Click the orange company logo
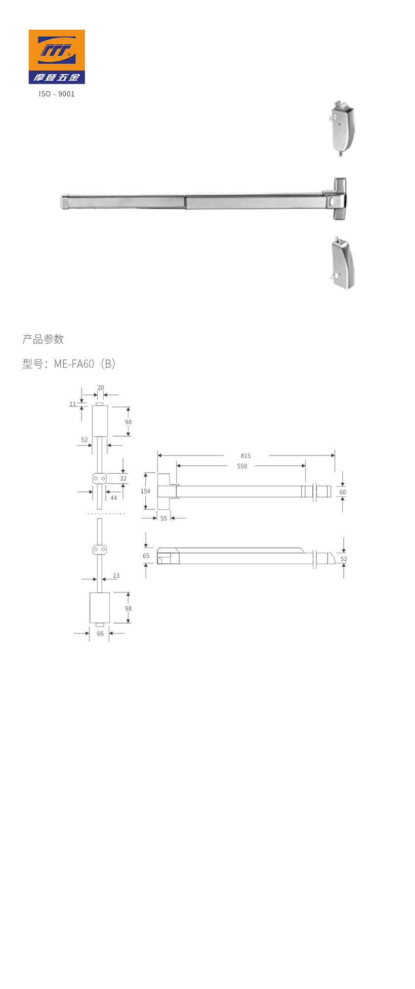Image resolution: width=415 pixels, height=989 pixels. coord(56,56)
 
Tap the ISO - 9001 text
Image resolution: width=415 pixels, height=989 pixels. coord(57,94)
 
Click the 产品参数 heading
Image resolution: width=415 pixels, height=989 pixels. coord(43,339)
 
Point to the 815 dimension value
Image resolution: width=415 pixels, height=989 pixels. coord(246,456)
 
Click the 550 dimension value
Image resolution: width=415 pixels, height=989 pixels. coord(242,466)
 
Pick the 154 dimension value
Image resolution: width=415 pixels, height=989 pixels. coord(145,492)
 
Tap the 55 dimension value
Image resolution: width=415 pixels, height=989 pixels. coord(164,519)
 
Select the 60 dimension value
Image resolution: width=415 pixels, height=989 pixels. coord(342,493)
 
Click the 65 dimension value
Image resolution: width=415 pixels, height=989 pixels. coord(146,556)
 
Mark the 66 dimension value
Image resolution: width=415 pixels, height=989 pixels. coord(100,634)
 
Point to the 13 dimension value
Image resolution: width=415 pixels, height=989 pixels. coord(116,576)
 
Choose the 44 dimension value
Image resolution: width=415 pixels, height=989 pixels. coord(114,498)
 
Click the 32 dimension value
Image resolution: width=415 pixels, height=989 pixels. coord(123,479)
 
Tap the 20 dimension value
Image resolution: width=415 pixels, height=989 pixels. coord(101,388)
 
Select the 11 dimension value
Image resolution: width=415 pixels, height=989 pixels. coord(73,404)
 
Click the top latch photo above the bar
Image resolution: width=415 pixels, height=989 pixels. coord(342,129)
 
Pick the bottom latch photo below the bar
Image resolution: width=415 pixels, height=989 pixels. coord(343,264)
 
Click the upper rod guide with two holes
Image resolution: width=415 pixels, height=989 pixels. coord(99,479)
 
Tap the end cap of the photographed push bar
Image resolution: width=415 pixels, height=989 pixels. coord(65,202)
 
